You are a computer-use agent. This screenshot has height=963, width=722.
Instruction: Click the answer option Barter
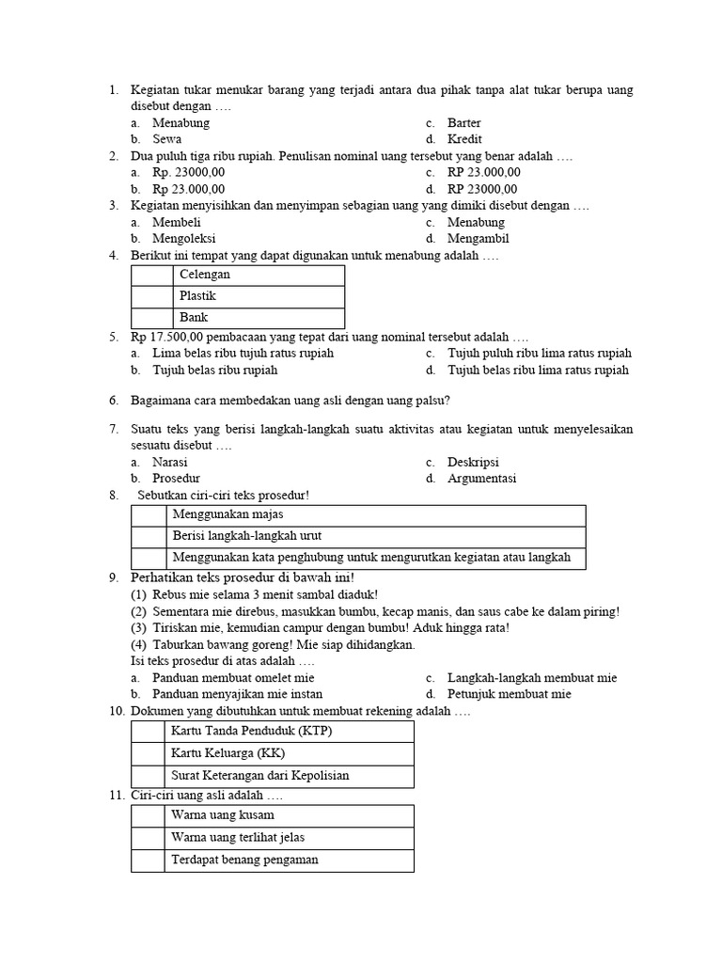click(463, 123)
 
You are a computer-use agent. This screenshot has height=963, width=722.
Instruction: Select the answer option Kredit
click(464, 139)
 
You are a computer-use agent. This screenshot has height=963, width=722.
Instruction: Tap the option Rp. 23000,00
click(188, 173)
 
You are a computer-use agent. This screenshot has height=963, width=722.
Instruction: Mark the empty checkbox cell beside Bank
click(152, 318)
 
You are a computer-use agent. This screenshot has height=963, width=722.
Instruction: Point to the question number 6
click(113, 401)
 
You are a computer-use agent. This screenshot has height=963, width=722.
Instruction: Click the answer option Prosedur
click(177, 479)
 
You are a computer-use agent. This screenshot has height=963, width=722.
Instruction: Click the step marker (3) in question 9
click(139, 628)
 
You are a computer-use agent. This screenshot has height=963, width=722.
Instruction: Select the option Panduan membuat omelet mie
click(233, 678)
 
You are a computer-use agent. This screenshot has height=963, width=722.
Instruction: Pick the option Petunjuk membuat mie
click(509, 695)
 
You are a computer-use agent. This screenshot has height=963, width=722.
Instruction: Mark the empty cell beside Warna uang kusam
click(148, 815)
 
